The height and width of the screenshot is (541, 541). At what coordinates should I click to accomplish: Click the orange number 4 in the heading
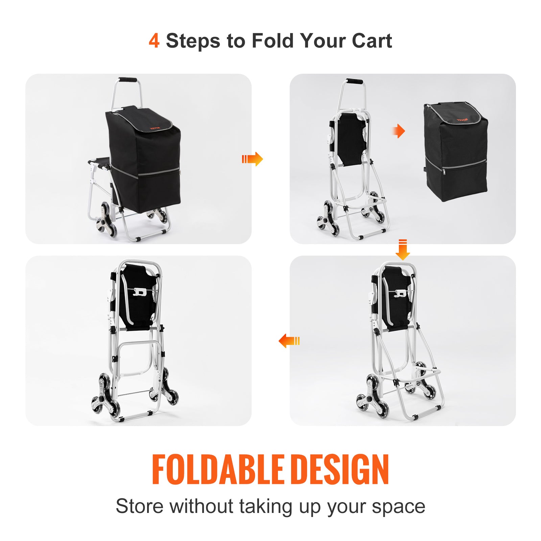point(154,41)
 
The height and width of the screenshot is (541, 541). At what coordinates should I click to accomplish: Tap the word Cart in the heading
point(372,41)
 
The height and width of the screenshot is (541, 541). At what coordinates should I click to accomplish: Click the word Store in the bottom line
point(140,507)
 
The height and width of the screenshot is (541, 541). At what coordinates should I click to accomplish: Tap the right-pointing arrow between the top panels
point(252,159)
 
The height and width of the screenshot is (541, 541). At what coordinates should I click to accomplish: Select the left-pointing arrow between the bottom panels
point(289,341)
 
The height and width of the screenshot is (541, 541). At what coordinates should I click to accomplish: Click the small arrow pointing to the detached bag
point(399,131)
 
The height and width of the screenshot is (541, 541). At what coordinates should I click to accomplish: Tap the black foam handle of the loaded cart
point(127,80)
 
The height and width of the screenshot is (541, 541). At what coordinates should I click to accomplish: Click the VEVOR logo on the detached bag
point(462,120)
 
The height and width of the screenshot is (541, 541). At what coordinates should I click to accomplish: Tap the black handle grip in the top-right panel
point(354,82)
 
